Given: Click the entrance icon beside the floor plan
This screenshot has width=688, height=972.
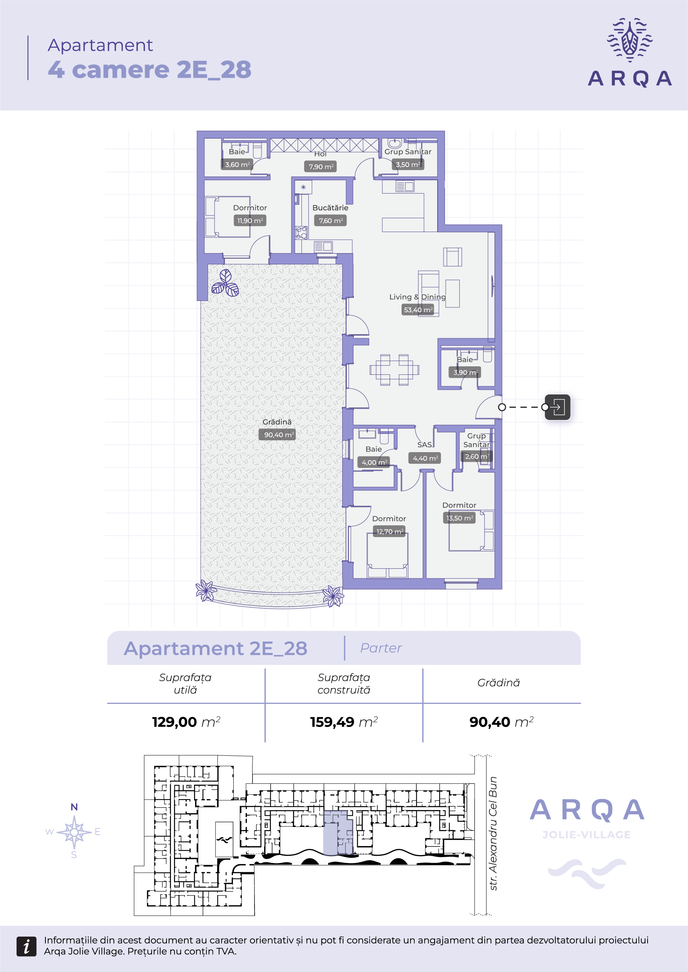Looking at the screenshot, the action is point(557,407).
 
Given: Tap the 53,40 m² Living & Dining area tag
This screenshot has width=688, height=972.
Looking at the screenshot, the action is point(418,310).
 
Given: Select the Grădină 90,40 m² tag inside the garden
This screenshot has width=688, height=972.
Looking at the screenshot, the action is point(277,435).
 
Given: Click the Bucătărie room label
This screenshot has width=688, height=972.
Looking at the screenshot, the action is point(330,208).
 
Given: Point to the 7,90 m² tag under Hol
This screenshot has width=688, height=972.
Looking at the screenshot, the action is point(321,167).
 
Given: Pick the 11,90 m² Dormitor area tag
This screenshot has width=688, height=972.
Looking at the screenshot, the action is point(250,220).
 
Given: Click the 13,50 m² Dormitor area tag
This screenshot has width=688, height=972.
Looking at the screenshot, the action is point(459,518).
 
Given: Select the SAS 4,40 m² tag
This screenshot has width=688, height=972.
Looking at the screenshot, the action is point(425,458).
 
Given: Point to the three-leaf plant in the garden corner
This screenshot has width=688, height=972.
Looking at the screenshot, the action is point(225,283).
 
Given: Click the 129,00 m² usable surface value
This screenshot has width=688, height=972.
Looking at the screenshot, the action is point(186,722).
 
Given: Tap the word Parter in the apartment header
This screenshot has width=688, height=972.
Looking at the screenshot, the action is point(381,648).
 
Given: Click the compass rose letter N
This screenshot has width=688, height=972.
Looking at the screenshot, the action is point(74,807).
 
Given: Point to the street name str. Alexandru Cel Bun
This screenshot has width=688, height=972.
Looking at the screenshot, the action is point(493,833).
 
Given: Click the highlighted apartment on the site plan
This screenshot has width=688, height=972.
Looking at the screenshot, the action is point(338,833).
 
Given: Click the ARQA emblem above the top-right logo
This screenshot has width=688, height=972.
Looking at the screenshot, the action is point(630,39).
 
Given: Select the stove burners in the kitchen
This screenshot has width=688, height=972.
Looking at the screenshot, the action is point(301,233).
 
